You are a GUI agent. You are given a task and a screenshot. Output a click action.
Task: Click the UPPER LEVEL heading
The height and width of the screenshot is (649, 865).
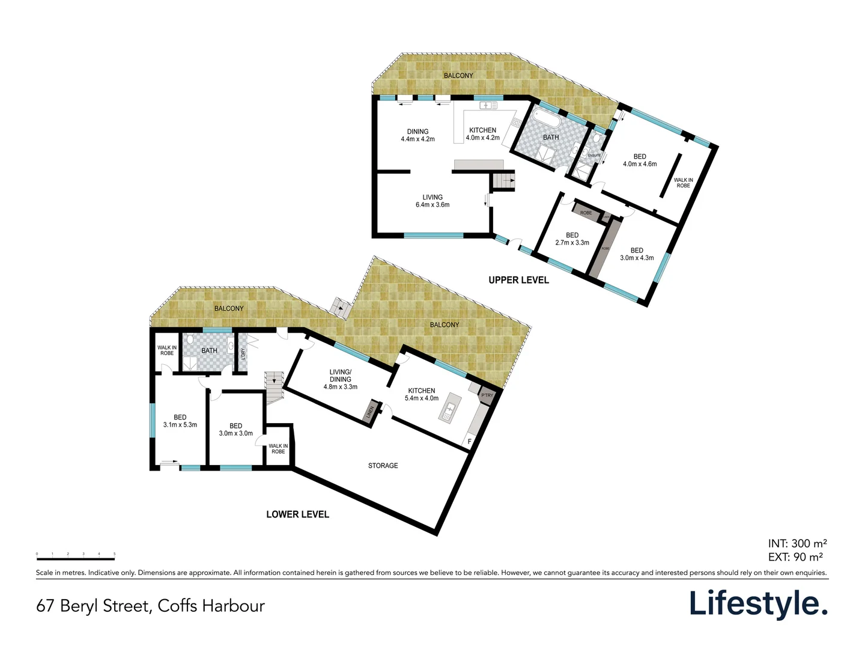click(x=518, y=280)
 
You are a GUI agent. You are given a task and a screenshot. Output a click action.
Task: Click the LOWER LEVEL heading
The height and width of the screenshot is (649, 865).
click(x=297, y=514)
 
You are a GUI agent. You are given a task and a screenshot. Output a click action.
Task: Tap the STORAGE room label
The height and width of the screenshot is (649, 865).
click(x=383, y=466)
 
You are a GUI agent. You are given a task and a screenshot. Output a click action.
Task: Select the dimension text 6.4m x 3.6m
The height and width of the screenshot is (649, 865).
click(x=432, y=205)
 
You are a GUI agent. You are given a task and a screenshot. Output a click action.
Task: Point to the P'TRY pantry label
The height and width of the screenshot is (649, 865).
click(x=487, y=395)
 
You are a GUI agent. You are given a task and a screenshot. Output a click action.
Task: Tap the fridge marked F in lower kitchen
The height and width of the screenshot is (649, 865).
click(x=469, y=442)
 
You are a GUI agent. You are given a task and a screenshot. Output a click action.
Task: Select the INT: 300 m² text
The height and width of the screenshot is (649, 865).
click(x=797, y=543)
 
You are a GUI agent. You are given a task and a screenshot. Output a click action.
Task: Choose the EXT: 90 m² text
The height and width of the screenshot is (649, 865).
click(x=795, y=557)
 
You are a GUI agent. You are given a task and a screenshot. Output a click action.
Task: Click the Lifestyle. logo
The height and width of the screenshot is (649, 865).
click(x=758, y=604)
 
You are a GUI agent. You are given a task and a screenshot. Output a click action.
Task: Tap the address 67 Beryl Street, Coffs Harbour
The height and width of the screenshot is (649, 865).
click(x=150, y=606)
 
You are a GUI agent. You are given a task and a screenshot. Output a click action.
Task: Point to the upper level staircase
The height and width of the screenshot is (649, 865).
click(x=503, y=181)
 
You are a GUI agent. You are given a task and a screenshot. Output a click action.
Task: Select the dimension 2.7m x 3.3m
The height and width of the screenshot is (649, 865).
click(x=572, y=243)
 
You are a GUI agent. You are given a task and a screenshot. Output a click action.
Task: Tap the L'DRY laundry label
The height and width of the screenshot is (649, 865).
click(x=243, y=354)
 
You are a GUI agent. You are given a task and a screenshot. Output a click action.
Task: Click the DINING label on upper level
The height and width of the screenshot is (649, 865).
click(x=417, y=132)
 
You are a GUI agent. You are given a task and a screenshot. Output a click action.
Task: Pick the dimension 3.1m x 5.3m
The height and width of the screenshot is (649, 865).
click(x=180, y=425)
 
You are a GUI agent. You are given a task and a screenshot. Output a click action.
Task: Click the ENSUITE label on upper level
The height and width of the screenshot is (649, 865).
click(x=594, y=156)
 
